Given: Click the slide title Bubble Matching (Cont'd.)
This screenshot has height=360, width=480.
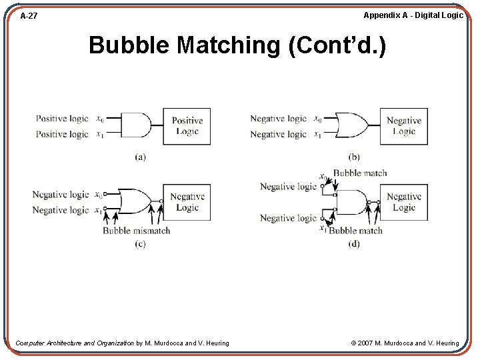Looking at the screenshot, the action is coord(237,45).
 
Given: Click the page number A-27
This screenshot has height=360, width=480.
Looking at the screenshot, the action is coord(29,15).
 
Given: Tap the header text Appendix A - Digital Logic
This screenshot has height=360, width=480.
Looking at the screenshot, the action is coord(413,15).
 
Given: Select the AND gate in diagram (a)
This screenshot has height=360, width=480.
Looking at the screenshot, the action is coord(138,125).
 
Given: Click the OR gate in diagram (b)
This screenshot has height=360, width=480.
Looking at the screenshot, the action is coord(351,125).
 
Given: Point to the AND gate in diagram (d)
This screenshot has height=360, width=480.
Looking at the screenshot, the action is coord(351,202).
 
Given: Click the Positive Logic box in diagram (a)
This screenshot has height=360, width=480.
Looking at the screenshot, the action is coord(187,126).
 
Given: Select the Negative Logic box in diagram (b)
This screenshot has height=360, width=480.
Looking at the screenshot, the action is coord(404,126).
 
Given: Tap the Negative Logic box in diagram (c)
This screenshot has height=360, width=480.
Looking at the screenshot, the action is coord(187,202).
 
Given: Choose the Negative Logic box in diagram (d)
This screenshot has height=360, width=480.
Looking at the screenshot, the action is coord(404,202).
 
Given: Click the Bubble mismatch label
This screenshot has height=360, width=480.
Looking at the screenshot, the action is coord(136,231).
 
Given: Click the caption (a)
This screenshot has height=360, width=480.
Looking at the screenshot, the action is coord(141,157).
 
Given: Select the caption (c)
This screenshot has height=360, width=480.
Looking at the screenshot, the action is coord(140,244).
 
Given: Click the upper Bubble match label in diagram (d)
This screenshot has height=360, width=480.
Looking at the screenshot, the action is coord(359,173).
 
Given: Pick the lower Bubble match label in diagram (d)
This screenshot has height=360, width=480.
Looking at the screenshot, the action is coord(355,231).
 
